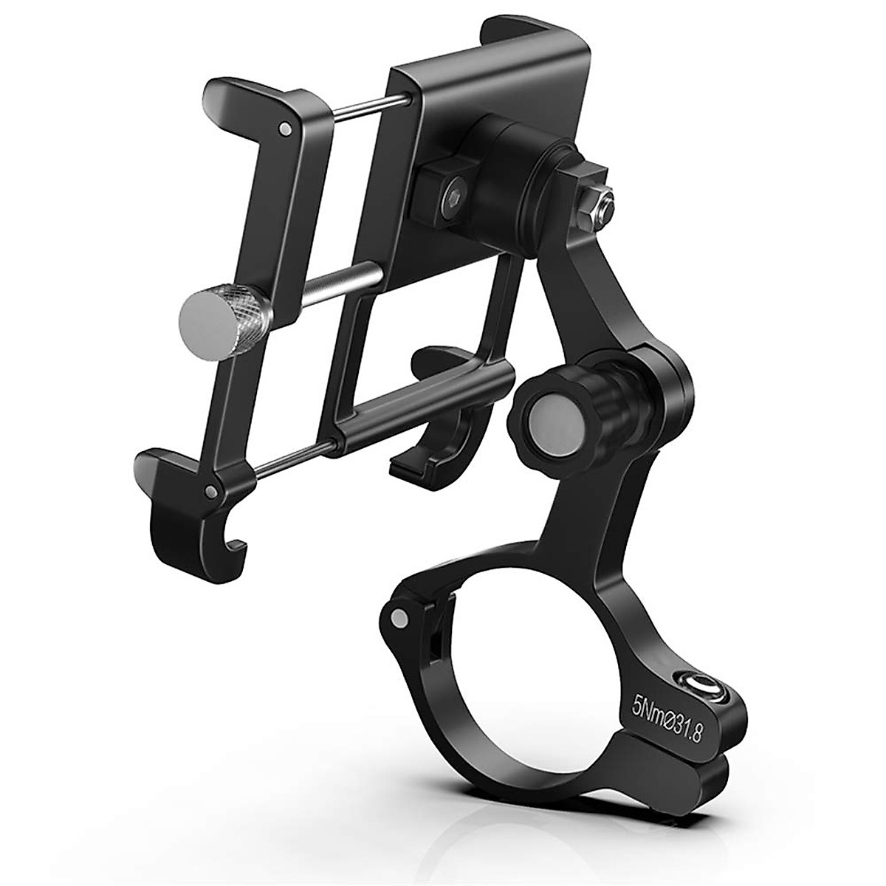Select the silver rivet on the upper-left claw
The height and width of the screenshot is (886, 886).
click(284, 129)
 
